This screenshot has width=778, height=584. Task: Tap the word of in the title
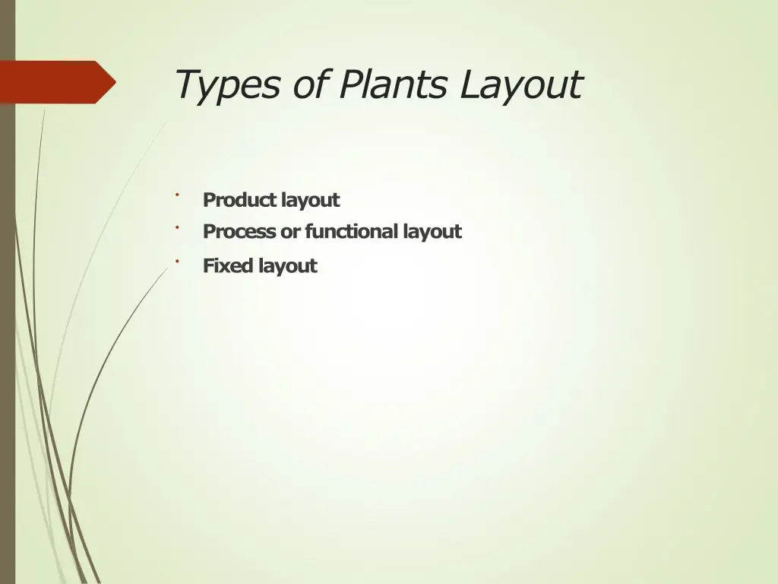(310, 84)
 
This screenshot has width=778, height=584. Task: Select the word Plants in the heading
(393, 84)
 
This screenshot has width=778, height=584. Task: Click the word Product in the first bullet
(239, 200)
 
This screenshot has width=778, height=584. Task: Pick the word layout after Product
(310, 201)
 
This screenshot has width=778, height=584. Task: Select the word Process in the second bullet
(239, 231)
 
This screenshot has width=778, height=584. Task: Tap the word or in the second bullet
(290, 232)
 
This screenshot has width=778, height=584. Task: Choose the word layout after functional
(432, 232)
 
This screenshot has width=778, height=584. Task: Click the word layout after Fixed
(287, 267)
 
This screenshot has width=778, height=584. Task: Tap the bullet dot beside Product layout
(176, 195)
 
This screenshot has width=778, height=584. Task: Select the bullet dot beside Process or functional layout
(176, 227)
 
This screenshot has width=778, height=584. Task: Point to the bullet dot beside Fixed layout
(176, 262)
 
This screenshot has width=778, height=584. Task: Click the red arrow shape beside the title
(53, 82)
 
